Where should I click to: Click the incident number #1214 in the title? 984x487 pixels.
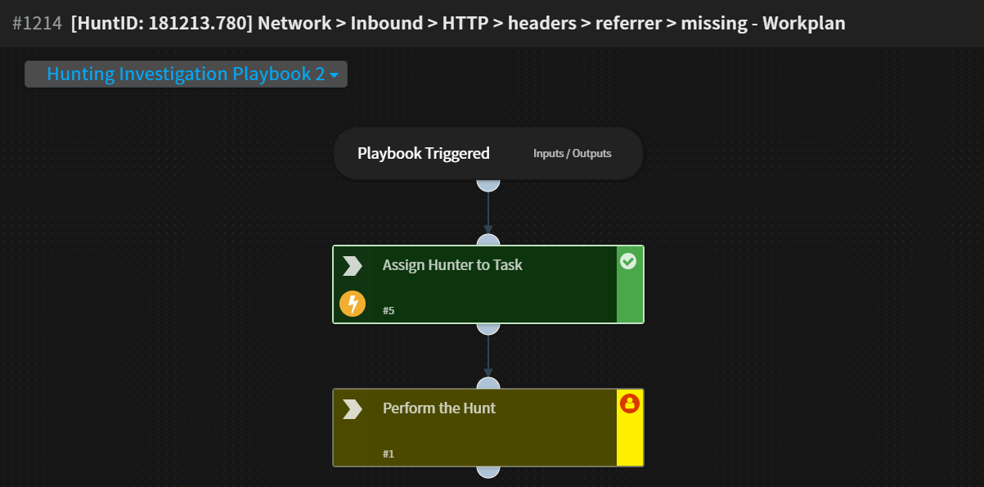tap(37, 23)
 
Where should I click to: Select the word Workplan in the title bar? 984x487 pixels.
tap(803, 23)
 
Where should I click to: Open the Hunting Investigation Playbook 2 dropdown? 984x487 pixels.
tap(186, 74)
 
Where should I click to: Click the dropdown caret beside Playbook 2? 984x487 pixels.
tap(334, 75)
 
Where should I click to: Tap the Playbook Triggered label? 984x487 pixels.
tap(423, 154)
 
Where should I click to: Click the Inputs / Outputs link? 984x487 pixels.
tap(572, 154)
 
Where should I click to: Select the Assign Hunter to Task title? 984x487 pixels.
tap(452, 265)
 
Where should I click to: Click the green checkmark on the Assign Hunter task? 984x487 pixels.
tap(628, 261)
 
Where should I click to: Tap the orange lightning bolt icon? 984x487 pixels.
tap(353, 304)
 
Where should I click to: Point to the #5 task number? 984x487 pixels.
tap(389, 311)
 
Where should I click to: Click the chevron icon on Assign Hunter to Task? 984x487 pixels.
tap(353, 266)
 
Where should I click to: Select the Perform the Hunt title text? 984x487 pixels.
tap(439, 408)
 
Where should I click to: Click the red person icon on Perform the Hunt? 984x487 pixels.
tap(629, 404)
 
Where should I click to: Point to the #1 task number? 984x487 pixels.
tap(389, 454)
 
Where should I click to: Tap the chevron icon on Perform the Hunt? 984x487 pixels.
tap(353, 409)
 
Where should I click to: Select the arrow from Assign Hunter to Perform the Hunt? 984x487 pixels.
tap(488, 356)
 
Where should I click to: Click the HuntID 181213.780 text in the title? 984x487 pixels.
tap(160, 23)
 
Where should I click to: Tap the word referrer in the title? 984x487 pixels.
tap(628, 23)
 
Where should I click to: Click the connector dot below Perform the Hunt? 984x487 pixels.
tap(488, 471)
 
